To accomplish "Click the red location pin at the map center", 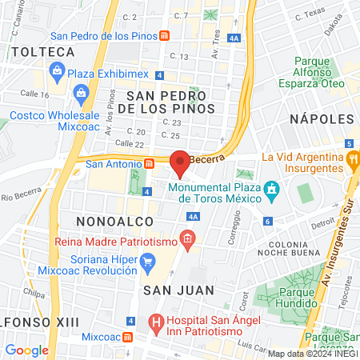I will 180,162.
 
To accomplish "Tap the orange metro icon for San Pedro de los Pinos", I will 164,35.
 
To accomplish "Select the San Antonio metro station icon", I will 149,163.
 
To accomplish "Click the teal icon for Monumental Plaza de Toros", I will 273,189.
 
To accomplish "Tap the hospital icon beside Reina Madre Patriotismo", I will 186,238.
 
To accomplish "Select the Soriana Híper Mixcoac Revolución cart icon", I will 147,261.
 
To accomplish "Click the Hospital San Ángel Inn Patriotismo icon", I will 157,325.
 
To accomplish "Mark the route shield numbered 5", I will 350,142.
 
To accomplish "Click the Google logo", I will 26,350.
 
